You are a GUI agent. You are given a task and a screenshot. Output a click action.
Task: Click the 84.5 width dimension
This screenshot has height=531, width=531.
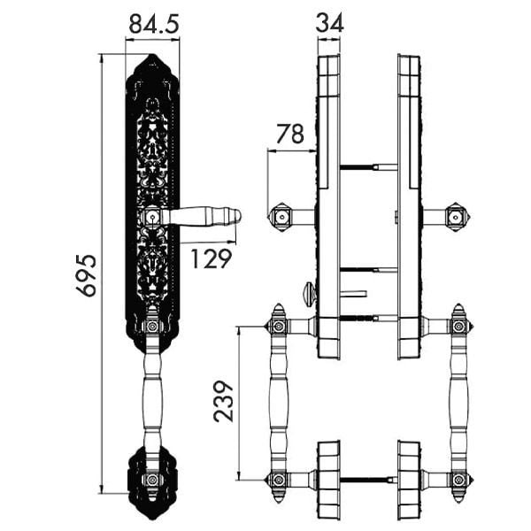153,24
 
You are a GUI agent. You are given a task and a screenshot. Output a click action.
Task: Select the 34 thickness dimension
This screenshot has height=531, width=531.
328,22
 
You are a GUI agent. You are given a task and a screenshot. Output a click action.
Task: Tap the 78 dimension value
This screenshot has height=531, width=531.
289,134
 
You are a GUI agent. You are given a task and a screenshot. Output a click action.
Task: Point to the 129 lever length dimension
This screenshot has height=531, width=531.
212,258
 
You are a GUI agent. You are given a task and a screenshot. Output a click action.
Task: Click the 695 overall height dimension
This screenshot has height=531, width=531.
86,275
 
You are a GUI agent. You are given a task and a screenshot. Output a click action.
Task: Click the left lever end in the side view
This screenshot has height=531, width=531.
281,216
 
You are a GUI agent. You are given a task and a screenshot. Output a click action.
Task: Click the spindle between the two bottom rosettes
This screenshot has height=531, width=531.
368,481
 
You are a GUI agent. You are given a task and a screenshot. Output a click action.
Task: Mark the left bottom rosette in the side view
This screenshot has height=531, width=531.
329,480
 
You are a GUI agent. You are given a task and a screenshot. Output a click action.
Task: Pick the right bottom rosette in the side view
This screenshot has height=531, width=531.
408,480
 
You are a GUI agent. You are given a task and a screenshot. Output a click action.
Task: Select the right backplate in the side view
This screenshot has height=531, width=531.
409,204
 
